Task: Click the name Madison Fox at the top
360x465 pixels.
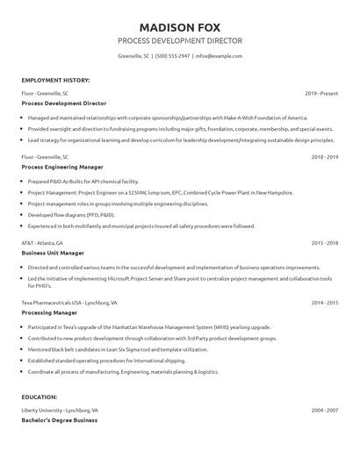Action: pos(180,24)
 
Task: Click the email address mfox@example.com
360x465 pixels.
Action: pos(219,55)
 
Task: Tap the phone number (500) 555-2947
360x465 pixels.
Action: pos(173,55)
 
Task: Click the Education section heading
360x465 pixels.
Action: pos(40,397)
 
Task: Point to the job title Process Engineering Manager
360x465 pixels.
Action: pos(62,167)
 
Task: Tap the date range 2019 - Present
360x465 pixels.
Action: pos(321,93)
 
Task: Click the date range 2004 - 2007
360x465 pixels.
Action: pos(325,411)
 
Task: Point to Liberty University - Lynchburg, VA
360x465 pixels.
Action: pos(60,411)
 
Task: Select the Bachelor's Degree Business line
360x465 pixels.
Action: pos(60,420)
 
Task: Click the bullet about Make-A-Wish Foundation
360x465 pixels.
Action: pos(167,118)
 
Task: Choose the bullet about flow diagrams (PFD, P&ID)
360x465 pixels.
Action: pos(71,215)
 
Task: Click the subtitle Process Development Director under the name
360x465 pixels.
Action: pos(180,40)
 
